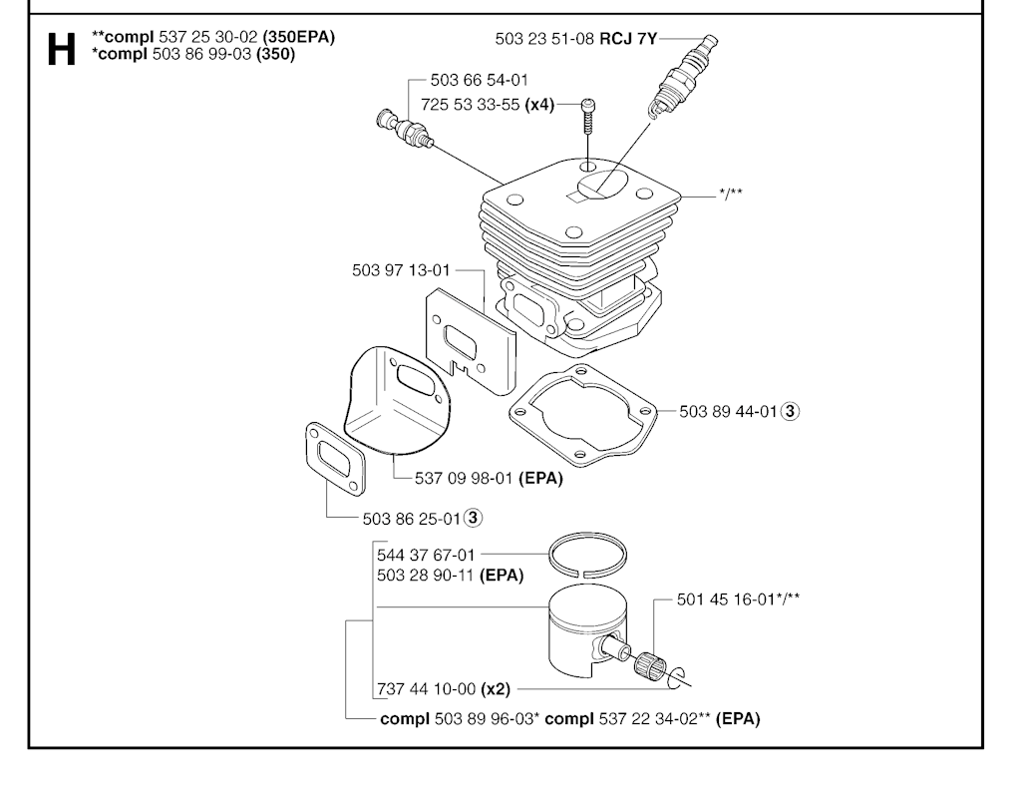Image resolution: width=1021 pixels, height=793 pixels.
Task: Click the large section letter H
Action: tap(61, 49)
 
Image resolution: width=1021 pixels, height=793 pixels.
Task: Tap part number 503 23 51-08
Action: tap(544, 39)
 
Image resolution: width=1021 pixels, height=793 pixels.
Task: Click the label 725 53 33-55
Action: tap(471, 105)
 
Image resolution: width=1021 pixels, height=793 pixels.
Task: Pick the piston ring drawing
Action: tap(588, 556)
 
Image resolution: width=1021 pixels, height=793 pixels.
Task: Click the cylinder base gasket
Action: tap(583, 415)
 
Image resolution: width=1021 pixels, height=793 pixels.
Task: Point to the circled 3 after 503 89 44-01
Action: tap(790, 411)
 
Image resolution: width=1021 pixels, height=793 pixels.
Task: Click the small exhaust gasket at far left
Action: tap(335, 461)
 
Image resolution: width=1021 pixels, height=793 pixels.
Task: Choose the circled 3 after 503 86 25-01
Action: tap(474, 518)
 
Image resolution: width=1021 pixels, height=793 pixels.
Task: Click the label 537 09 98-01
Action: tap(465, 478)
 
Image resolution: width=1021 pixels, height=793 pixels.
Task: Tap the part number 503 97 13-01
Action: tap(401, 269)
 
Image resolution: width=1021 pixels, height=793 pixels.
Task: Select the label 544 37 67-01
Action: tap(427, 555)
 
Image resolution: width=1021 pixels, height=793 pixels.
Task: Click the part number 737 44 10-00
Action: tap(427, 688)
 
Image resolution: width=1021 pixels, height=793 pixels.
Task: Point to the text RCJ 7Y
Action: tap(628, 39)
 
